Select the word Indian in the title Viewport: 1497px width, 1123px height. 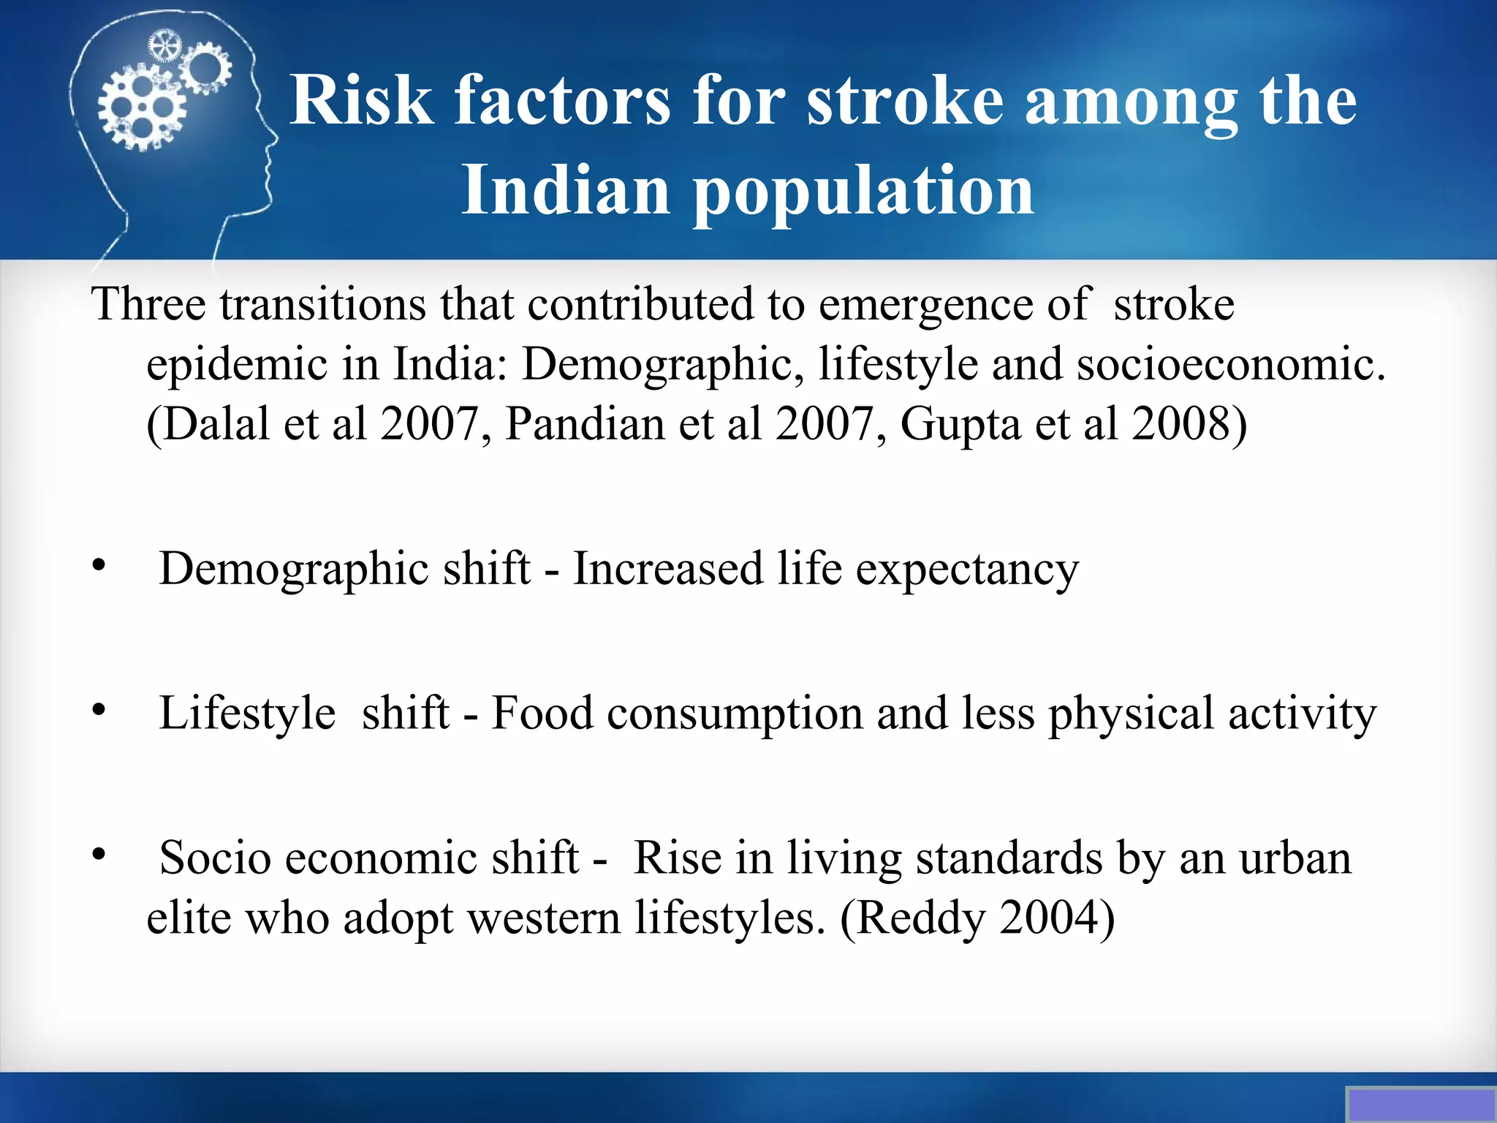(565, 190)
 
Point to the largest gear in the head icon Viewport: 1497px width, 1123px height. (140, 108)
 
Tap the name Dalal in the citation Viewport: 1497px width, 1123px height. (216, 423)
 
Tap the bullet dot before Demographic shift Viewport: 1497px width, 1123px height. (99, 565)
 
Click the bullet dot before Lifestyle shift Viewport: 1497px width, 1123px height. (99, 709)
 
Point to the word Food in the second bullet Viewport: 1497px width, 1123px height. (542, 713)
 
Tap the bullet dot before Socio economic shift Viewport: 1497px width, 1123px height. (99, 853)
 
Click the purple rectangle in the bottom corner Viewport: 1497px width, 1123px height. (1422, 1105)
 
